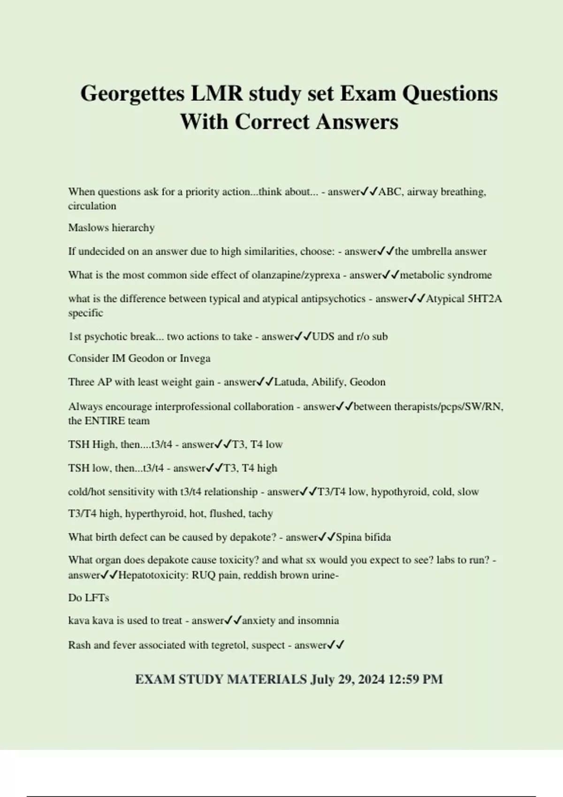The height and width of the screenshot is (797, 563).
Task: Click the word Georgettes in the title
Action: (133, 94)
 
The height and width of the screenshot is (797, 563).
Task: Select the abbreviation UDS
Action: (322, 337)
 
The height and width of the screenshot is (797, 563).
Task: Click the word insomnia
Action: (318, 621)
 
